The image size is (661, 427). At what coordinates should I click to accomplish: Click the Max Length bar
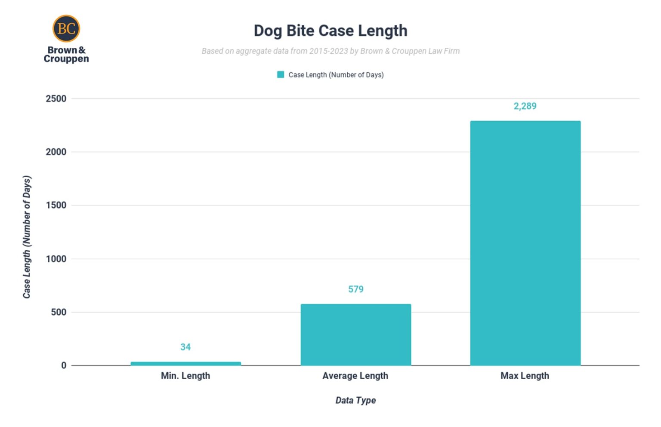tap(525, 243)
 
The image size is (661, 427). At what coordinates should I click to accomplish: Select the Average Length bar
tap(355, 335)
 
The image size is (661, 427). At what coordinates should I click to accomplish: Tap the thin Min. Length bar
tap(185, 363)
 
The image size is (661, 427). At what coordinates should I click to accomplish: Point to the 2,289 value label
tap(525, 106)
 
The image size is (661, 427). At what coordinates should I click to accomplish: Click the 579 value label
tap(356, 289)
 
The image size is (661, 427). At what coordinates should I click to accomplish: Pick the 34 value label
tap(185, 347)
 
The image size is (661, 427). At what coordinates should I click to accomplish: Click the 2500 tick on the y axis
tap(56, 98)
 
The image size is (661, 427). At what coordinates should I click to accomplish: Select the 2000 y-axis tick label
tap(56, 152)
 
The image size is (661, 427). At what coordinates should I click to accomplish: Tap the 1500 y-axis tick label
tap(56, 205)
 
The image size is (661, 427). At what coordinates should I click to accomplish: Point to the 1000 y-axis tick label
tap(56, 259)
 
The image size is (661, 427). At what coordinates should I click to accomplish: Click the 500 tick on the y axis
tap(59, 312)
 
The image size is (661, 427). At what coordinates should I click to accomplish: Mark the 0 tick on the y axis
tap(64, 366)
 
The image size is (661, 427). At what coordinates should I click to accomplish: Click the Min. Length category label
tap(185, 376)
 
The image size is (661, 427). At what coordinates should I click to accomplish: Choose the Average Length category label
tap(355, 376)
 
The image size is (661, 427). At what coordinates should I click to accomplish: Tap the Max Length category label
tap(525, 376)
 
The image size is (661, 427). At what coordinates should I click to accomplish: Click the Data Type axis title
tap(355, 400)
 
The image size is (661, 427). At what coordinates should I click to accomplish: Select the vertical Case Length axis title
tap(27, 237)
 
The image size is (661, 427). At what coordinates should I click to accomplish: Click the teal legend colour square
tap(281, 75)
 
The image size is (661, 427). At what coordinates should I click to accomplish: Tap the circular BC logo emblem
tap(66, 29)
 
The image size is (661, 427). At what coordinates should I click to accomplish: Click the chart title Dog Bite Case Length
tap(330, 31)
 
